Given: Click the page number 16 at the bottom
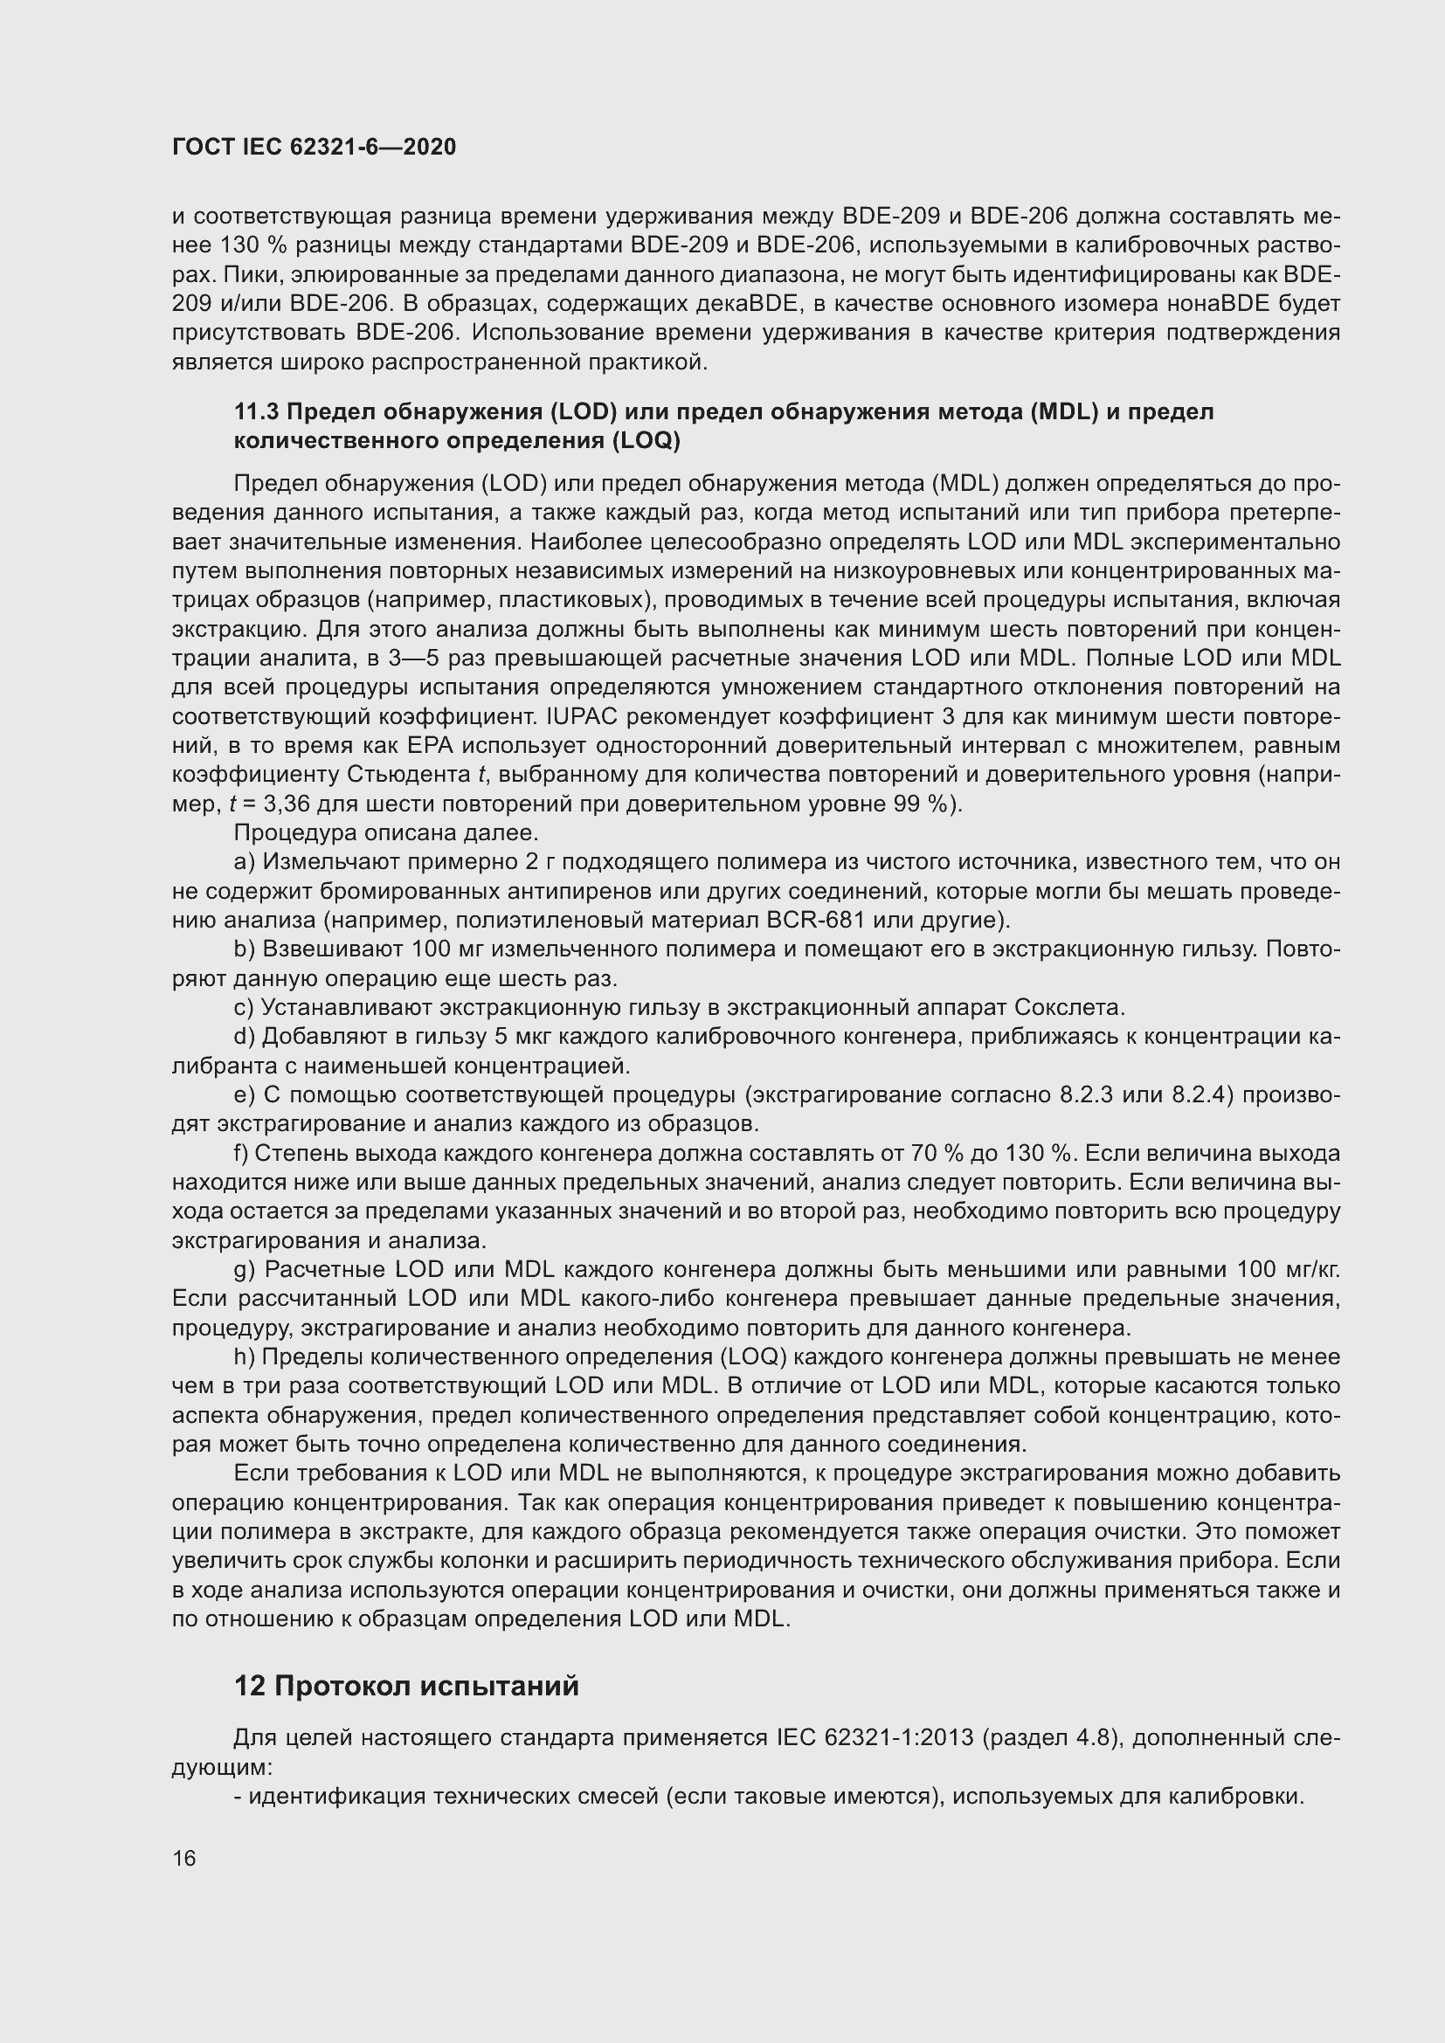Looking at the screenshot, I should pyautogui.click(x=184, y=1858).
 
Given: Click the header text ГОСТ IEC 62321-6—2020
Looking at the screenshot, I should pyautogui.click(x=315, y=148).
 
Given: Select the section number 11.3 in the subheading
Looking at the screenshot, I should pyautogui.click(x=256, y=412).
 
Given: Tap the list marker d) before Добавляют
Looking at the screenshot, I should pyautogui.click(x=244, y=1038).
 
